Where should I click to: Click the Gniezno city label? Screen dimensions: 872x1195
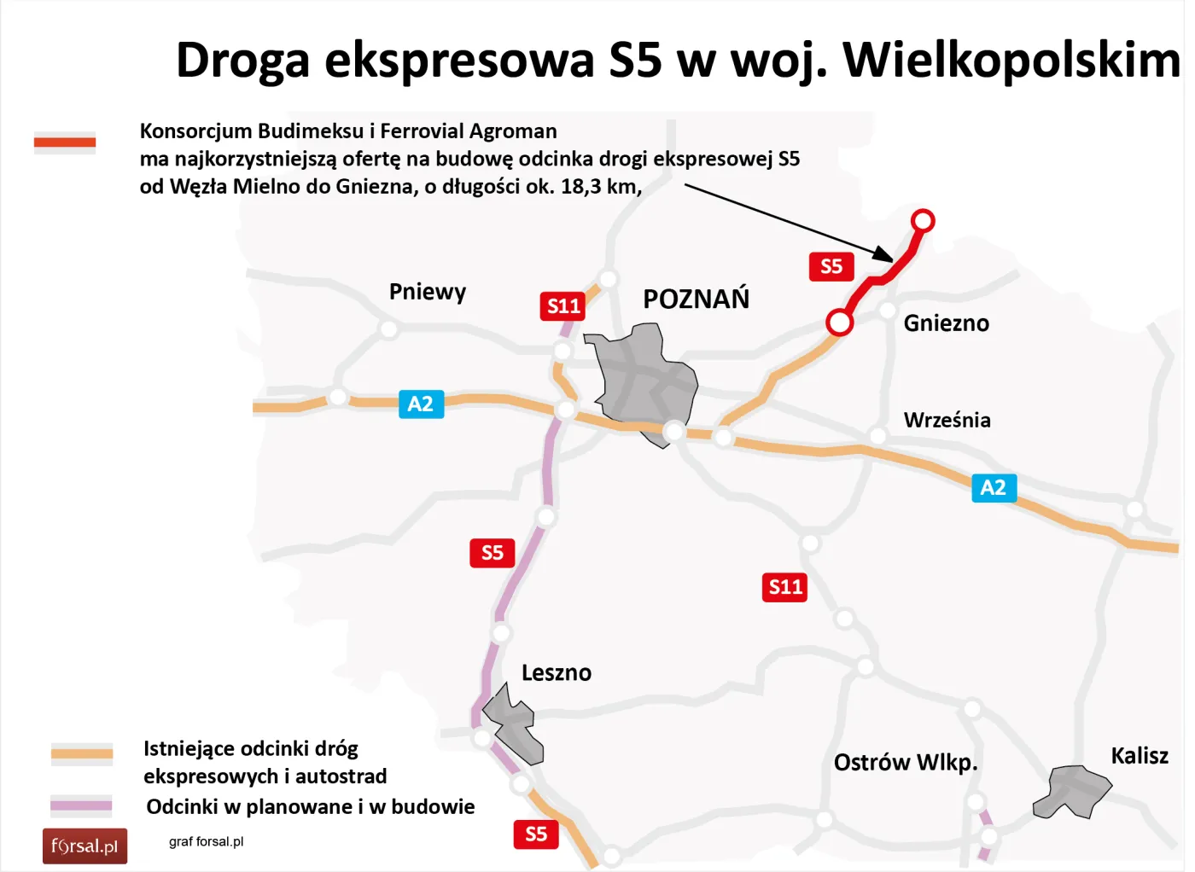[946, 323]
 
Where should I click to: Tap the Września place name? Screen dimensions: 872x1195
[947, 420]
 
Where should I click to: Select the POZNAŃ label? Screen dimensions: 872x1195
[696, 299]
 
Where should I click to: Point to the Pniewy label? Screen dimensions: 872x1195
[427, 292]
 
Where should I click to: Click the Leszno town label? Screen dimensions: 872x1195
[556, 673]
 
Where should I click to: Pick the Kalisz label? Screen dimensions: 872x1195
[1139, 756]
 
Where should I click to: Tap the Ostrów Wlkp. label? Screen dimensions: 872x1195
[905, 762]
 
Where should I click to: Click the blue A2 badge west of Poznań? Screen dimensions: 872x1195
[421, 404]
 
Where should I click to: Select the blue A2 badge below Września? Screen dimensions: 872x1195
[994, 488]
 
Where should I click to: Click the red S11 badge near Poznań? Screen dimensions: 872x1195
[563, 306]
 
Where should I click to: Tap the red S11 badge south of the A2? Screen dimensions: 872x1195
[784, 587]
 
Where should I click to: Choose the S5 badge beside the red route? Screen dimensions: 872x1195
[831, 267]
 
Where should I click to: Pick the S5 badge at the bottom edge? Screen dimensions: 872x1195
[536, 834]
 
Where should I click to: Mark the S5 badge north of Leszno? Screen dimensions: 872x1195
[492, 553]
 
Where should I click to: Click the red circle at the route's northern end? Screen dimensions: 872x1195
[922, 221]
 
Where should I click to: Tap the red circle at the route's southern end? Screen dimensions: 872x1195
[839, 323]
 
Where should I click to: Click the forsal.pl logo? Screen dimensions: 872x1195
[85, 846]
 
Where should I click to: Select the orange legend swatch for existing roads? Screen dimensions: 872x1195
[82, 753]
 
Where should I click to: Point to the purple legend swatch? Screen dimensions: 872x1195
[81, 805]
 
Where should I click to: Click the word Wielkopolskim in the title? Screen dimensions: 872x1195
[1011, 61]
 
